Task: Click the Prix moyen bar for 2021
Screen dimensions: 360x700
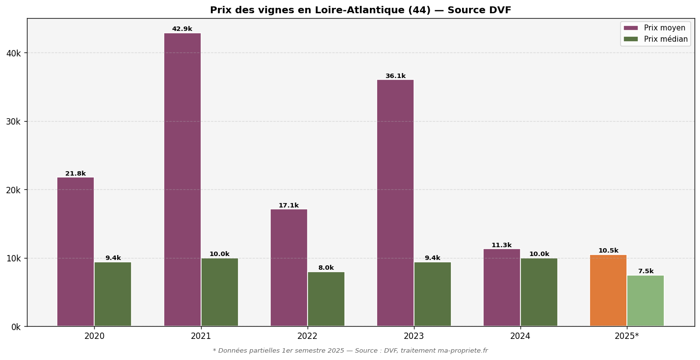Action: [182, 180]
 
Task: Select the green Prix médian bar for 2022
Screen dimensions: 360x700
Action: [326, 299]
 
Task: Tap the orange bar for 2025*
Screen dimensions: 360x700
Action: [608, 290]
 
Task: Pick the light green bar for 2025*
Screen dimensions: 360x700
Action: [646, 301]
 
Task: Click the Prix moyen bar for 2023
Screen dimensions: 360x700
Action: [395, 203]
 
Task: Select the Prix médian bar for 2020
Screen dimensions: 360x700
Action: [113, 294]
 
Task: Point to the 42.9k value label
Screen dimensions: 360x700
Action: [182, 29]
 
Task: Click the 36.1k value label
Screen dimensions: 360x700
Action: [395, 76]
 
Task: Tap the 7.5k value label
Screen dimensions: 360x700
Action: [646, 271]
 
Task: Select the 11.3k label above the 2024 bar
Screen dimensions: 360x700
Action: [501, 245]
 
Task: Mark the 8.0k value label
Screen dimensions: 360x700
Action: [326, 268]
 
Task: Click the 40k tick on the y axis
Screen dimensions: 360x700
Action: [13, 53]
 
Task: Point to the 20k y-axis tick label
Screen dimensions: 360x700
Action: [13, 190]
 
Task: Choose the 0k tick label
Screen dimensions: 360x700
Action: [15, 327]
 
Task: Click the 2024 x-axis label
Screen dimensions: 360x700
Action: [520, 336]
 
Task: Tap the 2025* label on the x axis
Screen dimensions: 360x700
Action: [627, 336]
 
